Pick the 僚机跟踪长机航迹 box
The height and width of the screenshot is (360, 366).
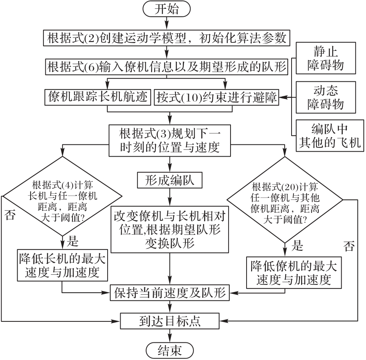point(98,97)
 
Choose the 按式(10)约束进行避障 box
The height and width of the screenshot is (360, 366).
point(216,97)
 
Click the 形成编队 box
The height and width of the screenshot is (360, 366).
point(169,180)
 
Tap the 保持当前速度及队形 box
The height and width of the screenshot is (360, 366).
point(170,293)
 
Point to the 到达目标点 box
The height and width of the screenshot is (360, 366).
point(170,321)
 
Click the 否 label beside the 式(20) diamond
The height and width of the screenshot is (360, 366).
point(349,246)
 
